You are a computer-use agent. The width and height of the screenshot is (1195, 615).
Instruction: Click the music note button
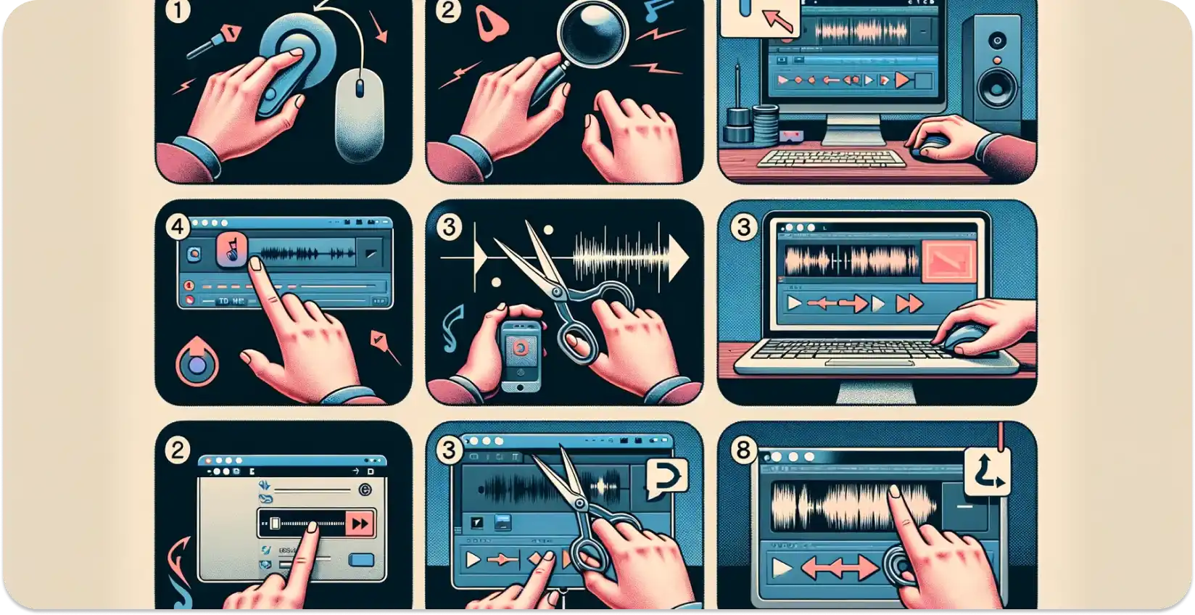[233, 254]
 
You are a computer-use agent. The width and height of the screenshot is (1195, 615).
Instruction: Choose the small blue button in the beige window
[361, 560]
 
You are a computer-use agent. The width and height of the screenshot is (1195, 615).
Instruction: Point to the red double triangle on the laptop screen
[907, 305]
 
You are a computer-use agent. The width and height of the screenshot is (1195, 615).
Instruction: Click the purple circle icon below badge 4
[197, 362]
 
